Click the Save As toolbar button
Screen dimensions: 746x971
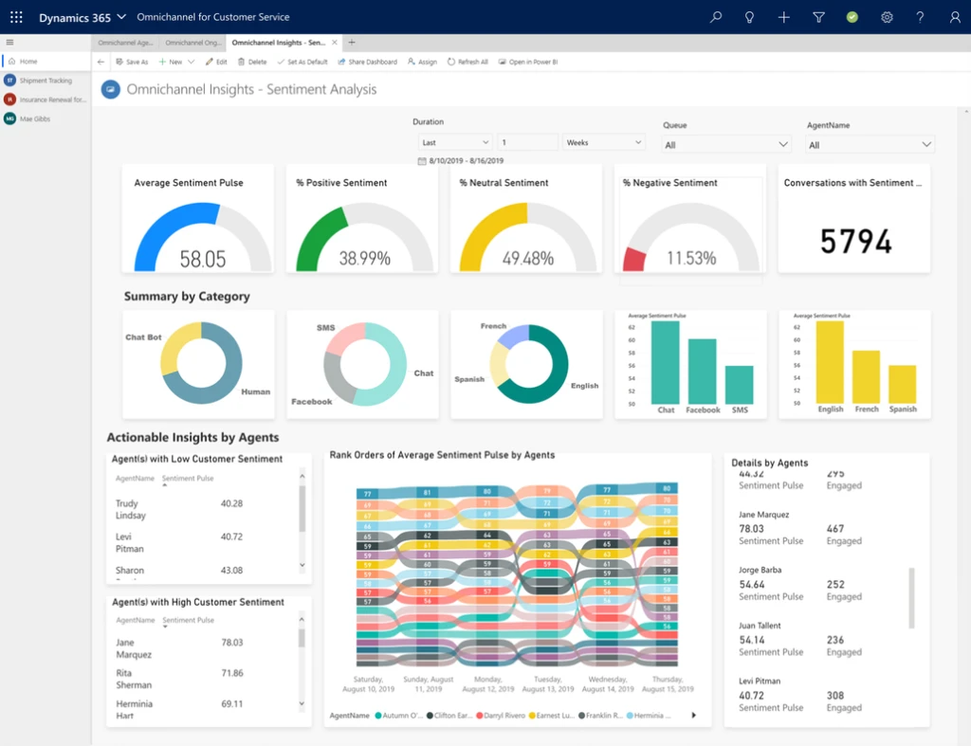coord(132,62)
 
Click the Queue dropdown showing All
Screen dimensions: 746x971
coord(726,145)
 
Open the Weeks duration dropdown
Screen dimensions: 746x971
coord(604,142)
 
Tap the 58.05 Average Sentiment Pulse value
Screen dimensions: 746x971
coord(203,259)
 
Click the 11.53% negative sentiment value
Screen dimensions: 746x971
coord(690,258)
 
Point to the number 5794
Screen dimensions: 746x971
coord(855,242)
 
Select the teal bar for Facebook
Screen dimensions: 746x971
coord(703,371)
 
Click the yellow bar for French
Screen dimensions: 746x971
coord(866,376)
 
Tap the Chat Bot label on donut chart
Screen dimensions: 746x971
coord(143,337)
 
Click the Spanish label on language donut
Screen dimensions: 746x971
coord(469,379)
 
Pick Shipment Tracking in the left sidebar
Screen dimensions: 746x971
coord(46,81)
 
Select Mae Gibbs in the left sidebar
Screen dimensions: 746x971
coord(35,118)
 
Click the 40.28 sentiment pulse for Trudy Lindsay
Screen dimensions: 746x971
coord(231,503)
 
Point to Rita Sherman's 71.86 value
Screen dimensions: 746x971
coord(231,673)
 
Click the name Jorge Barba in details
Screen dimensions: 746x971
coord(760,571)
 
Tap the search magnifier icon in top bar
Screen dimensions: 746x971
coord(716,17)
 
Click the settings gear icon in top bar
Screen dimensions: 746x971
coord(887,17)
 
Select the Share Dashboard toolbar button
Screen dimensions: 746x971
coord(368,62)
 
